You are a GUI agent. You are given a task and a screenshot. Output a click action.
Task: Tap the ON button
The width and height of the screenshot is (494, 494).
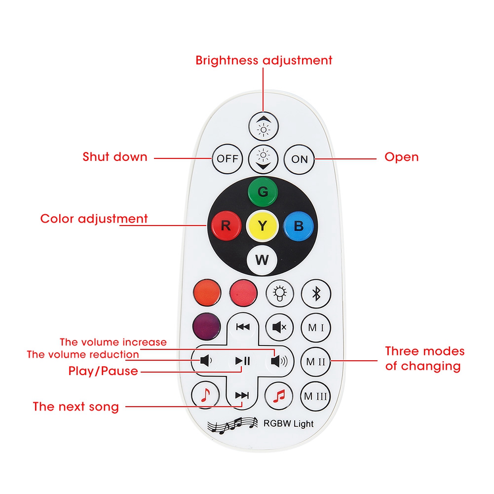pos(299,159)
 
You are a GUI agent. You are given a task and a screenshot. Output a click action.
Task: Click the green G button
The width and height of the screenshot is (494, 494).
pos(263,191)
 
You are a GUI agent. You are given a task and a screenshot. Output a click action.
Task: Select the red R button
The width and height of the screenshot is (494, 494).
pos(225,226)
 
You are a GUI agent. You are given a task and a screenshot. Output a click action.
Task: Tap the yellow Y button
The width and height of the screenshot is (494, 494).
pos(263,226)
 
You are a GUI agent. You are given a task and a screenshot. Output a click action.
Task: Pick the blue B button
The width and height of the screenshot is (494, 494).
pos(299,226)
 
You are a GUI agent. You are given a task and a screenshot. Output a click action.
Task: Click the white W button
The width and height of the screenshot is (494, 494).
pos(262,259)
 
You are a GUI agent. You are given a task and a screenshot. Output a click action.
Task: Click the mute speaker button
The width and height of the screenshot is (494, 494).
pos(279,327)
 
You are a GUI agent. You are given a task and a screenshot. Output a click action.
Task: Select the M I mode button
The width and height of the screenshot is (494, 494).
pos(316,327)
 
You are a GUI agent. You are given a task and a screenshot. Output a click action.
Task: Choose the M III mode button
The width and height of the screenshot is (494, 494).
pos(316,396)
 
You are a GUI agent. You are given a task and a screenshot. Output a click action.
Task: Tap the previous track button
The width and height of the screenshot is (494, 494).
pos(242,327)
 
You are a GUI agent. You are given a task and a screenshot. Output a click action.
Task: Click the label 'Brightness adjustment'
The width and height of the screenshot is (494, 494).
pos(264,61)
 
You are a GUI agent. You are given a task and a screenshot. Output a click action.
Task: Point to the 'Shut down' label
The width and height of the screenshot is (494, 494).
pos(115,157)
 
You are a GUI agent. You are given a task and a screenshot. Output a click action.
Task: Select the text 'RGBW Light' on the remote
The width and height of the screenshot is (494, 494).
pos(289,423)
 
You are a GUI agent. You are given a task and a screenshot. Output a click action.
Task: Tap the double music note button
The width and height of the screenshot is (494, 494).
pos(279,395)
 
